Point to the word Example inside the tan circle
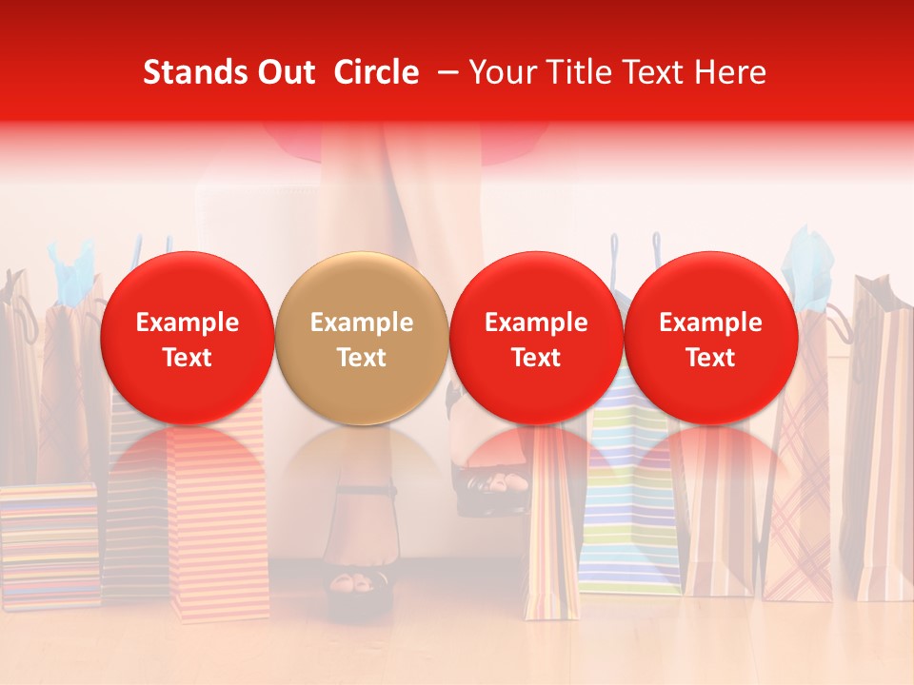pos(362,323)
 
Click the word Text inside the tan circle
pos(362,358)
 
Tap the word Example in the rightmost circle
pos(711,323)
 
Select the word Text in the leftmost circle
pos(188,358)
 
